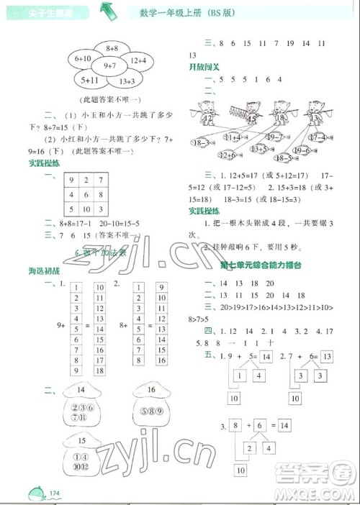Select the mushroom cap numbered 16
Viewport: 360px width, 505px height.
(x=150, y=392)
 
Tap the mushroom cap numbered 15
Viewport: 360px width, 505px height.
(x=81, y=440)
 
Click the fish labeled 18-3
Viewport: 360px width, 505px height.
(x=201, y=144)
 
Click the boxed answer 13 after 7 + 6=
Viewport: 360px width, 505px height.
(x=326, y=356)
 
